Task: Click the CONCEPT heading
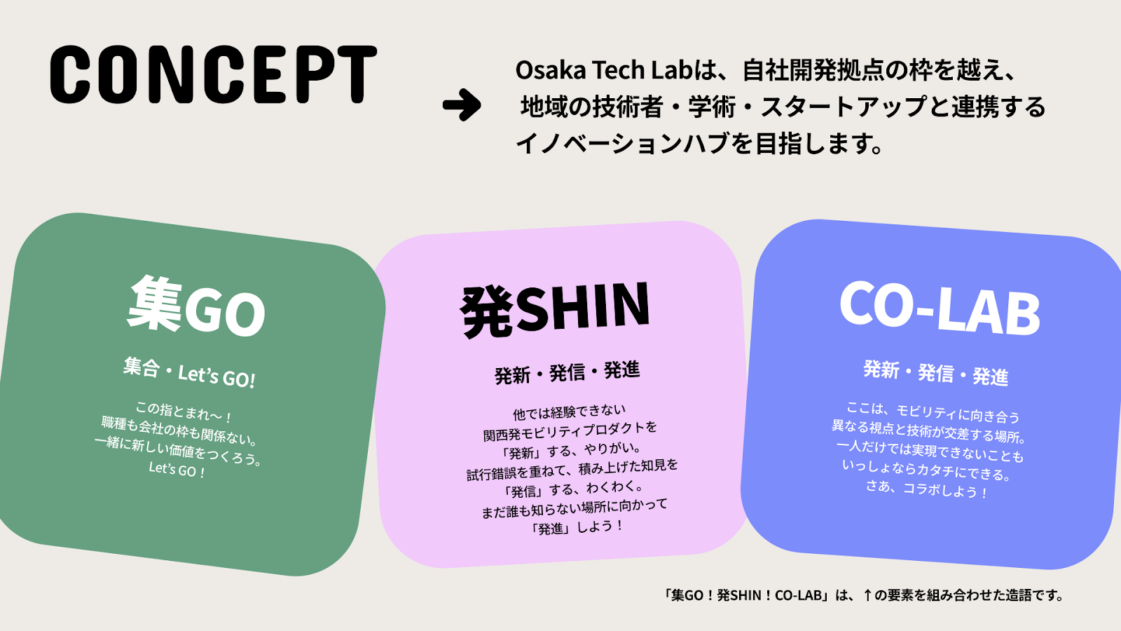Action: tap(213, 74)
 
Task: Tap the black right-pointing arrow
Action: tap(462, 105)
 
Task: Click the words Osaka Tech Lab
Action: tap(604, 70)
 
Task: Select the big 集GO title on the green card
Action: tap(196, 306)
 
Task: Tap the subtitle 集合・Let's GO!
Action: tap(190, 372)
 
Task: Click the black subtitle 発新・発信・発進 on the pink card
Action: tap(567, 372)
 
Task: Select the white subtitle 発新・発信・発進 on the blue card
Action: tap(935, 373)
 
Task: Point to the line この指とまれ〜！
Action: tap(184, 412)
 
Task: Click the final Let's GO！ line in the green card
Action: tap(177, 470)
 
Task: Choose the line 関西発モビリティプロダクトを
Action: tap(570, 431)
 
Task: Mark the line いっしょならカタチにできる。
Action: tap(926, 470)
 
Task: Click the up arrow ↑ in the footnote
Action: tap(868, 595)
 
